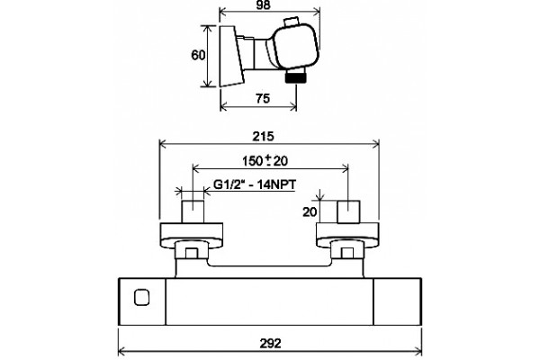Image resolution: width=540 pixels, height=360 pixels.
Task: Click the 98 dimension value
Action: [264, 4]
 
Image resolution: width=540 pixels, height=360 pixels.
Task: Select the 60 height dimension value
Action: [198, 55]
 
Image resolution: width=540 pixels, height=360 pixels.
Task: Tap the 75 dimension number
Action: [263, 98]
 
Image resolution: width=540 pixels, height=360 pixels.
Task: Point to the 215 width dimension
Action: [263, 137]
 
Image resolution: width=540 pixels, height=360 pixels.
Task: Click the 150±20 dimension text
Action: [265, 160]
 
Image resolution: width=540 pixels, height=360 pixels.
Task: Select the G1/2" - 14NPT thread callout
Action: [255, 184]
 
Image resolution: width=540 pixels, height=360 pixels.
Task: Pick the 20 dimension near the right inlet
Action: [310, 211]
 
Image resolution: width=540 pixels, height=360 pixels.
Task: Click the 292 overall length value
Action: [270, 343]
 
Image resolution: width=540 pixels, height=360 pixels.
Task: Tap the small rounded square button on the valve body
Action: [141, 298]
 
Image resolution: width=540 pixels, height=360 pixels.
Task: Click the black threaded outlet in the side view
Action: [296, 77]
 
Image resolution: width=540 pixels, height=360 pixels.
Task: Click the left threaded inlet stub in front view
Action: [193, 211]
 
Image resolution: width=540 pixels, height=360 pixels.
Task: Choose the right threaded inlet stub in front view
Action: [348, 211]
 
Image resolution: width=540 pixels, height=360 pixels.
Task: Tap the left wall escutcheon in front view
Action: [192, 235]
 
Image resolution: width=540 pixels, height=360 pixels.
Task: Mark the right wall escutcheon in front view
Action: [347, 235]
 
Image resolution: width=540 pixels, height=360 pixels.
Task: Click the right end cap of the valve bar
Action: [398, 301]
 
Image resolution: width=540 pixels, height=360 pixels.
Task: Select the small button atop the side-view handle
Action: [292, 22]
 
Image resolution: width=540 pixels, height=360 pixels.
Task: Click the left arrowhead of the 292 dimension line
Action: [121, 352]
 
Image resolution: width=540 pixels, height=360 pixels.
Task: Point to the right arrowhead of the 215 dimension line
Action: [375, 144]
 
